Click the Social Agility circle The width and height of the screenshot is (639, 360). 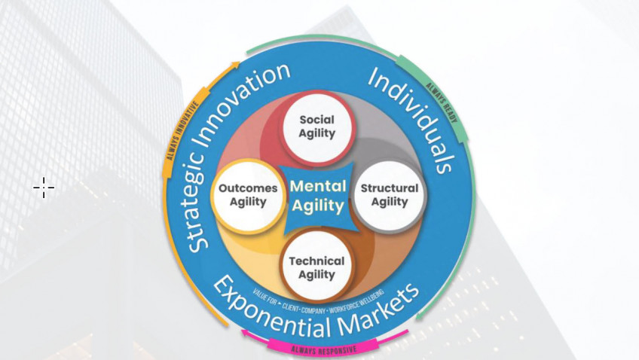pyautogui.click(x=317, y=127)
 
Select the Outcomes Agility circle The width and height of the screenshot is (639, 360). pyautogui.click(x=248, y=195)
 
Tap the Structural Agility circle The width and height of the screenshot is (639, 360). pyautogui.click(x=389, y=194)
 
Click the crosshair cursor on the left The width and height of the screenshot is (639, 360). pyautogui.click(x=44, y=188)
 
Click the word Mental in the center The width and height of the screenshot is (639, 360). pyautogui.click(x=318, y=186)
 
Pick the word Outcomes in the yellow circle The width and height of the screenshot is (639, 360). pyautogui.click(x=248, y=188)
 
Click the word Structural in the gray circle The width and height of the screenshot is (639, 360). pyautogui.click(x=389, y=188)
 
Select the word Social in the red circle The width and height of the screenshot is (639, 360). pyautogui.click(x=317, y=120)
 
